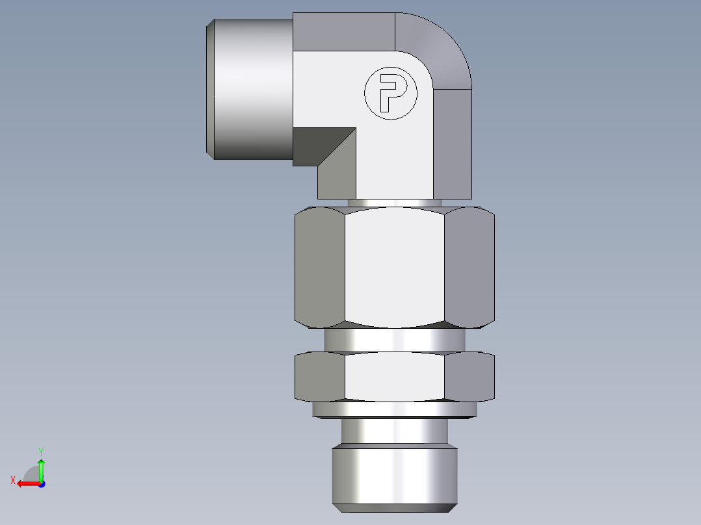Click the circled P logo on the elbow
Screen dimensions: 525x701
pos(389,94)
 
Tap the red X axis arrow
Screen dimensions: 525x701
pos(27,483)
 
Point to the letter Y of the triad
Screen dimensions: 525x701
pos(40,451)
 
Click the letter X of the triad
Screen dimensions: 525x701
pos(13,481)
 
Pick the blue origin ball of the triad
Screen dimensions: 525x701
pos(42,483)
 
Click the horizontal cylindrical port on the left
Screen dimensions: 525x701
pos(250,89)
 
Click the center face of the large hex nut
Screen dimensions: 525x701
pos(395,266)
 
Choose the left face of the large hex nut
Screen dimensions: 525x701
pos(319,266)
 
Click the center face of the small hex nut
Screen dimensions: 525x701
pos(395,377)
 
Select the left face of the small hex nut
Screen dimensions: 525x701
pos(319,377)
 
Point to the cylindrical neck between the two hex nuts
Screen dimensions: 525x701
pos(395,339)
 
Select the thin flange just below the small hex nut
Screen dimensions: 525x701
pos(395,409)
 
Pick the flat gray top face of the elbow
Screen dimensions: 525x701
pos(343,32)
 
